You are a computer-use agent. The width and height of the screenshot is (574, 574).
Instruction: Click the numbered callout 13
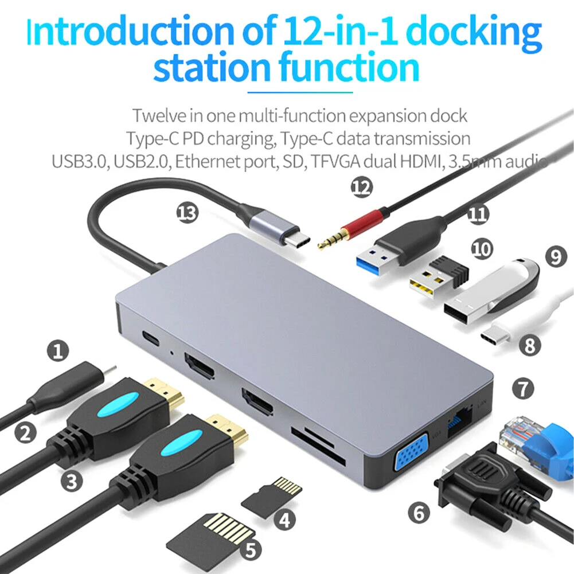pos(188,213)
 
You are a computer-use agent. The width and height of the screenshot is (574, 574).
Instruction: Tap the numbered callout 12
pos(361,188)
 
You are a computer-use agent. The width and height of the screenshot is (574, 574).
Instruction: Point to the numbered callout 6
pos(420,513)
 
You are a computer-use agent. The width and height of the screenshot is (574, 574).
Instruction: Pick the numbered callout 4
pos(285,520)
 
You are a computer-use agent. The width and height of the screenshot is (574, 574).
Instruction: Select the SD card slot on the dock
pos(317,446)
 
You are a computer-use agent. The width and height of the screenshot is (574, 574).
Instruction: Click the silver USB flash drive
pos(490,295)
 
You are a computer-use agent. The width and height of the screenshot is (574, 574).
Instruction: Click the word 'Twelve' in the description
pos(160,115)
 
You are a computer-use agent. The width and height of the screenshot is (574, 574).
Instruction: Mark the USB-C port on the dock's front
pos(151,338)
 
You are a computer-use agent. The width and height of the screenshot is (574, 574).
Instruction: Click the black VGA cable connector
pos(485,482)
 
